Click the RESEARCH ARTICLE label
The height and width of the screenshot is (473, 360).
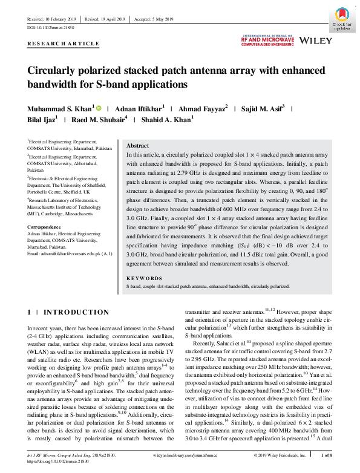coord(64,44)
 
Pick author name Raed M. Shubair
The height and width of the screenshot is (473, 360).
coord(99,120)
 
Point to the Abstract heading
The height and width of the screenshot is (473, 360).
coord(137,146)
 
